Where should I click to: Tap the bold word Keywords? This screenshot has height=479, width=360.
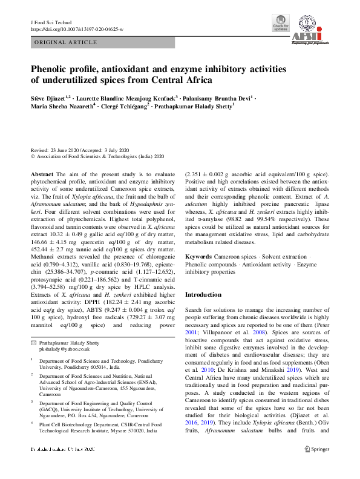198,257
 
